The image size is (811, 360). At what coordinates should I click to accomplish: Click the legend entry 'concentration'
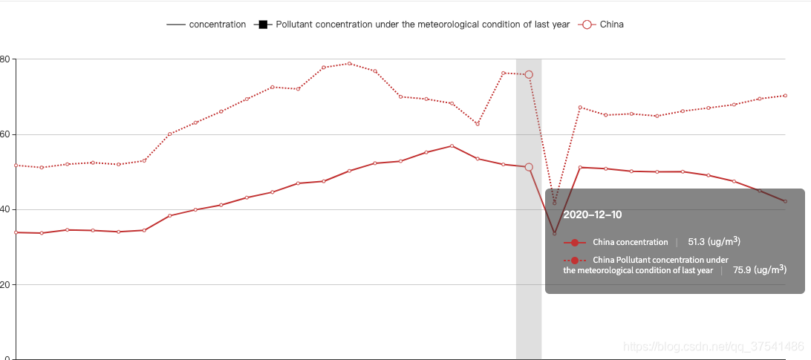pos(217,24)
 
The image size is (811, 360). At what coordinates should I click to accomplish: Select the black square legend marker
pos(263,24)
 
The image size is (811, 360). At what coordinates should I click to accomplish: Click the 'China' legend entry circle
pos(587,24)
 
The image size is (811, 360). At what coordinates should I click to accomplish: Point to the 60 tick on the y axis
pos(6,134)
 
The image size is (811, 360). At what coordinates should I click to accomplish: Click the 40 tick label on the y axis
pos(6,209)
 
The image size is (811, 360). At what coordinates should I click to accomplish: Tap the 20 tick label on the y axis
pos(6,284)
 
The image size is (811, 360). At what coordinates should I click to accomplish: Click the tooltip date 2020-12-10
pos(592,215)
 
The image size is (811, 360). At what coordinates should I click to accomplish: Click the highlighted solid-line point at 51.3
pos(529,167)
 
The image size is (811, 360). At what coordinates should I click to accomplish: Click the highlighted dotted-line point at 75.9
pos(529,74)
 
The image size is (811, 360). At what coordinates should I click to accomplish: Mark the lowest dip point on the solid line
pos(554,233)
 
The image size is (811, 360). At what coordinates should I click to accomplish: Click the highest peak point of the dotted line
pos(349,63)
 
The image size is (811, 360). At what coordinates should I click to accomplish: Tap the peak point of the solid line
pos(452,145)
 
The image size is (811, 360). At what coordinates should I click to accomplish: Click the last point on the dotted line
pos(785,96)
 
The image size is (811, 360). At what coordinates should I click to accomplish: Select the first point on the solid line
pos(16,232)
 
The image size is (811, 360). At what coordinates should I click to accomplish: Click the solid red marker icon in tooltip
pos(575,243)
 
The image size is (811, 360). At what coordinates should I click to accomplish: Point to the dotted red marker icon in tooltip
pos(575,261)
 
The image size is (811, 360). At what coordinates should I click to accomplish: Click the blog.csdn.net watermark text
pos(713,346)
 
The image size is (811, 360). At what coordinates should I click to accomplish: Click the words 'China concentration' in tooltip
pos(630,242)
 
